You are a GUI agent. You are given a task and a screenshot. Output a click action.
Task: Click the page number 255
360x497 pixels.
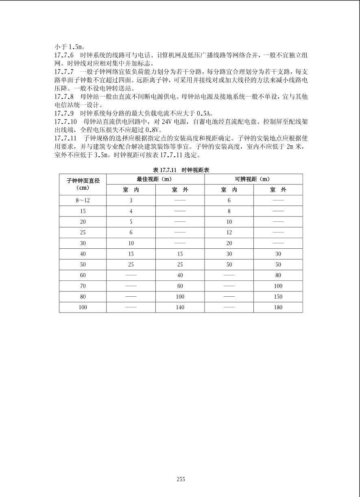181,479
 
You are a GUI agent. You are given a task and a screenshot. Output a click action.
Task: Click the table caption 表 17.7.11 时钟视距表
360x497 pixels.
181,170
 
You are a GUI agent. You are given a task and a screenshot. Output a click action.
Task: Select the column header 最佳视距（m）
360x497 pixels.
155,179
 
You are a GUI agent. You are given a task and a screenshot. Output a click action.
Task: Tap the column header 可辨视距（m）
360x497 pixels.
253,179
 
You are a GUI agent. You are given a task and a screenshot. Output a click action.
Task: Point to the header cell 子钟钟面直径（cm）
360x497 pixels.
83,184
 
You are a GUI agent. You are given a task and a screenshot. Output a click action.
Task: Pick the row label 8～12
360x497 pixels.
83,200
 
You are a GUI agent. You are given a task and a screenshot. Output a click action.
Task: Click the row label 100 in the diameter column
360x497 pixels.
83,307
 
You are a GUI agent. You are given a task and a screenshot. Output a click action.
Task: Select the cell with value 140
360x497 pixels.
180,307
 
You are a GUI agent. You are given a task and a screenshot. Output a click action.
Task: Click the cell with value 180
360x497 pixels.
278,307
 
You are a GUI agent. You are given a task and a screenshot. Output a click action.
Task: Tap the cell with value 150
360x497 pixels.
278,297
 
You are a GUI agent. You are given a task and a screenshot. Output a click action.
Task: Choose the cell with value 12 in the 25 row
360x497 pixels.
229,232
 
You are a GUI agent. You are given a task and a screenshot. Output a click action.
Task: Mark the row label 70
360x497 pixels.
83,286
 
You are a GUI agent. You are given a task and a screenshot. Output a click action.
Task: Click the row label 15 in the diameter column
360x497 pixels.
83,211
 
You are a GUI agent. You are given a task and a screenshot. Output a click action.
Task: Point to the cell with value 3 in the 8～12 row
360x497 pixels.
131,200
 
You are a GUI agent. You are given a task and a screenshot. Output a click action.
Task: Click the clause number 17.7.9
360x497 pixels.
64,113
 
